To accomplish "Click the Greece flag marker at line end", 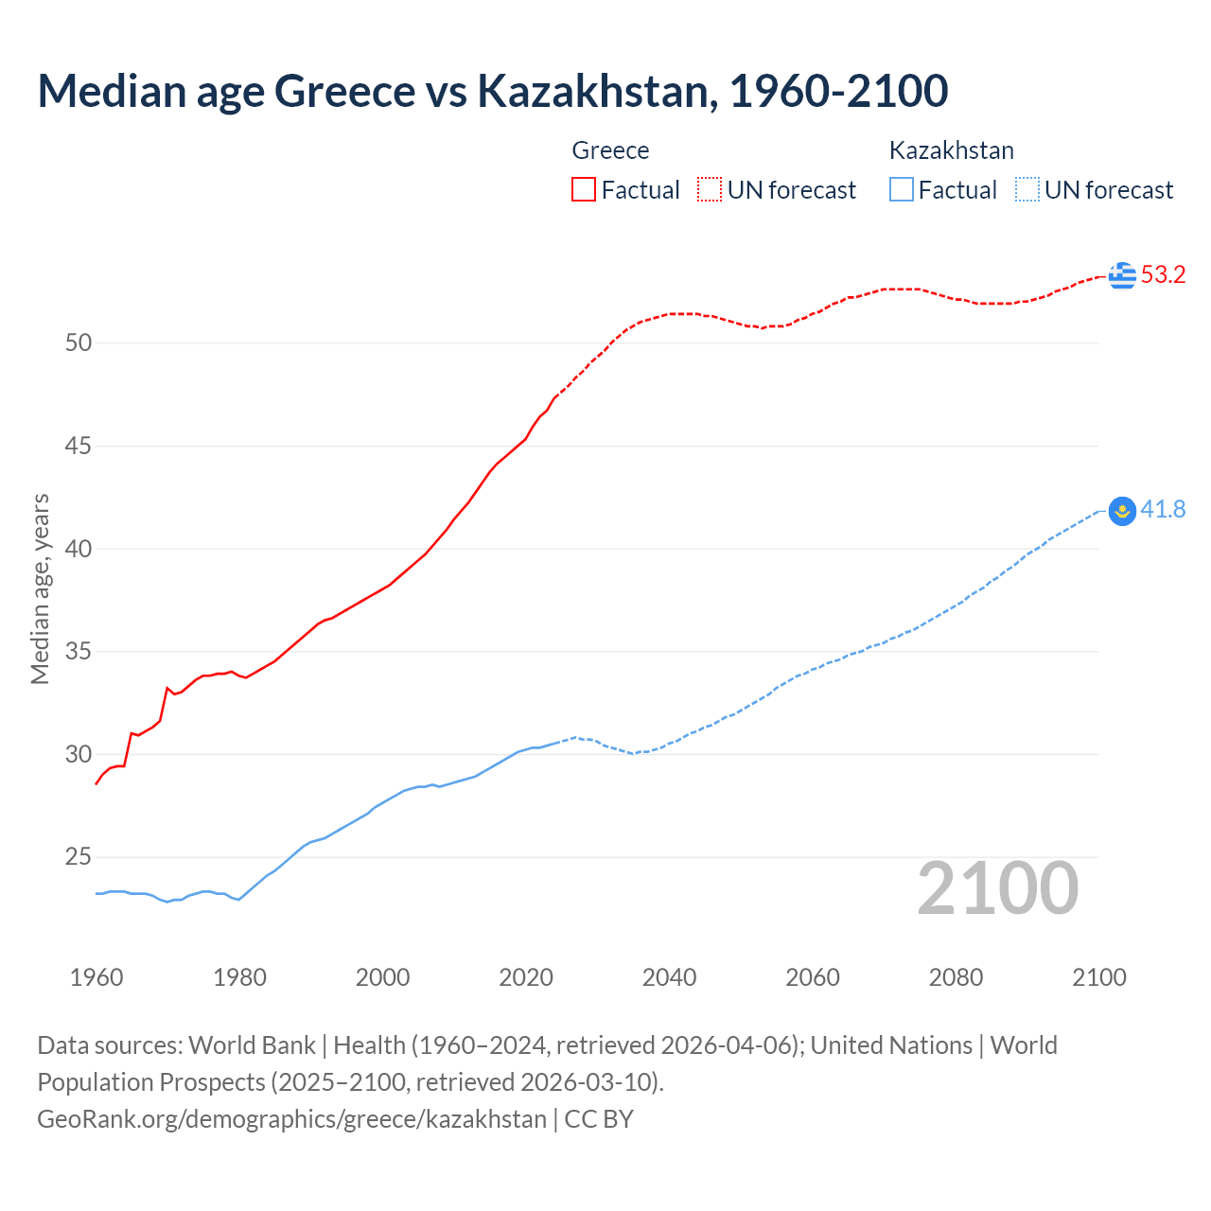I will coord(1122,275).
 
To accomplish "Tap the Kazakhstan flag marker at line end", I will coord(1122,511).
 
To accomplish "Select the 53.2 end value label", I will coord(1163,275).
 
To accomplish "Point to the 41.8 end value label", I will coord(1163,510).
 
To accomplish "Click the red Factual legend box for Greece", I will coord(584,190).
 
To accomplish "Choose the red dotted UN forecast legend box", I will coord(710,190).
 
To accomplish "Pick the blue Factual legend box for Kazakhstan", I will coord(902,190).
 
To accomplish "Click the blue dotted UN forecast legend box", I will coord(1027,190).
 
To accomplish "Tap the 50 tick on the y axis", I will coord(79,343).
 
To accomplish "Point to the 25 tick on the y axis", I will coord(79,857).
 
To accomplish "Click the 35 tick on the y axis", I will coord(79,652).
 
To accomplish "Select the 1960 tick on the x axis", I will coord(97,977).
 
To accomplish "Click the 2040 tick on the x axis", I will coord(669,977).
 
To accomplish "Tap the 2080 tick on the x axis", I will coord(956,977).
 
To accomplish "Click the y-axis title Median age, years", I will coord(40,588).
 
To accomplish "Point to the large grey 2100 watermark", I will coord(997,887).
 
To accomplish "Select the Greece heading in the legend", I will coord(610,150).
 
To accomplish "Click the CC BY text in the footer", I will coord(599,1119).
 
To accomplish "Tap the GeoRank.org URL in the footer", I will coord(291,1119).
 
